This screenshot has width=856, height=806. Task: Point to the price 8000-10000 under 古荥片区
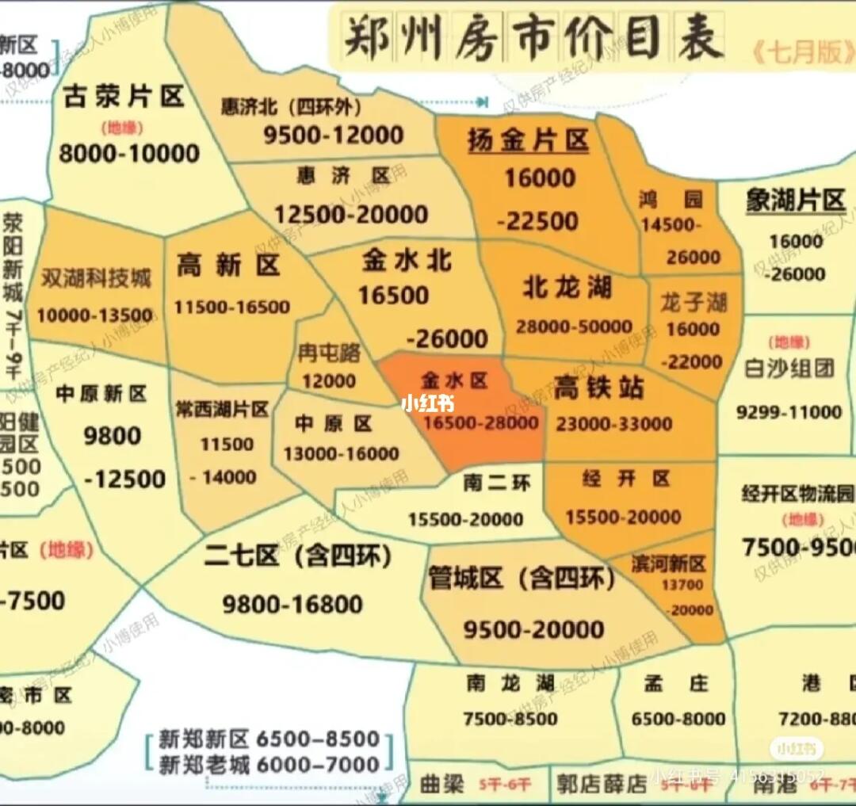pyautogui.click(x=128, y=152)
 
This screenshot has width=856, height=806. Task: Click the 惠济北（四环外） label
pyautogui.click(x=292, y=108)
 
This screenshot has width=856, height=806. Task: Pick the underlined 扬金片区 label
pyautogui.click(x=528, y=140)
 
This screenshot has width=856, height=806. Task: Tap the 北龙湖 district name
pyautogui.click(x=567, y=287)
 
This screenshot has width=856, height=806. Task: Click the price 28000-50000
pyautogui.click(x=574, y=326)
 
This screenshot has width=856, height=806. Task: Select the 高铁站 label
pyautogui.click(x=598, y=388)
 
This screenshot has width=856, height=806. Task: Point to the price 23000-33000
pyautogui.click(x=614, y=424)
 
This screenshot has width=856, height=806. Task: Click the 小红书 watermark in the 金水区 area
pyautogui.click(x=427, y=403)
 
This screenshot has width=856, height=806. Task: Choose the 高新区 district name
pyautogui.click(x=228, y=265)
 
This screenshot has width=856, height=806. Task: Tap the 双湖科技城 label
pyautogui.click(x=96, y=279)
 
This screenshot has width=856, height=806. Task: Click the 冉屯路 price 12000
pyautogui.click(x=328, y=381)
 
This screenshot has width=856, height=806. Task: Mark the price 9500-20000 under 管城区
pyautogui.click(x=533, y=630)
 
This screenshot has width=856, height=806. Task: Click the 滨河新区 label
pyautogui.click(x=668, y=564)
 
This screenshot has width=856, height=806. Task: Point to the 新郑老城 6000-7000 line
pyautogui.click(x=269, y=765)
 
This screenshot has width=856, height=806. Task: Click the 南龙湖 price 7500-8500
pyautogui.click(x=510, y=719)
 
